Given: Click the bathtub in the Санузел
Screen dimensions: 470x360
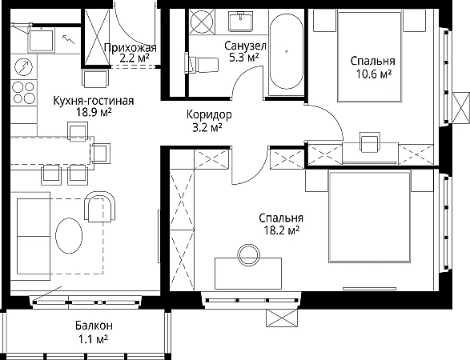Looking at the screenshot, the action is pos(286,52).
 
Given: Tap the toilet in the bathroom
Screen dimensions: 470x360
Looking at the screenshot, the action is pos(201,64).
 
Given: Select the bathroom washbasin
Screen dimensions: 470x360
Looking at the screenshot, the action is pos(240,22).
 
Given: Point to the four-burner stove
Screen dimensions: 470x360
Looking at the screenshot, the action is pos(23,93).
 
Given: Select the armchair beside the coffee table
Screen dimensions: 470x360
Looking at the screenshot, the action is pos(100,206).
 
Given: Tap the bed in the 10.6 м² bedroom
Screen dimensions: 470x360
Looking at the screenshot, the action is pos(369,56).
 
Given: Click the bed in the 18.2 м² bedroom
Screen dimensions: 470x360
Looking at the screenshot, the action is pos(369,216).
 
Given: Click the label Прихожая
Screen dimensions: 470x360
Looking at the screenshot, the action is pos(131,48).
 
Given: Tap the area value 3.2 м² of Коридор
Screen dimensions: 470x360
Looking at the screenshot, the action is pos(207,128).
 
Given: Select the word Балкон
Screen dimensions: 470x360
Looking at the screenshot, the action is pos(94,326).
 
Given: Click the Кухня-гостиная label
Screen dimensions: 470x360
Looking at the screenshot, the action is pos(94,101).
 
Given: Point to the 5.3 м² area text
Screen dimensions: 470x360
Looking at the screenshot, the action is pos(244,58).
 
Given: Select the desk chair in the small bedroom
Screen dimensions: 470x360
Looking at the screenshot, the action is pos(370,142).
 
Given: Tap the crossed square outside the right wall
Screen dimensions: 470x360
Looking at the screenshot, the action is pos(461,108).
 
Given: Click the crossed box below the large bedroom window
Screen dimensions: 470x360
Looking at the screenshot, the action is pos(282,318).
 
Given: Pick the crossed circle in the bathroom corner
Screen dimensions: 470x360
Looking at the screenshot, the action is pos(203,22).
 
